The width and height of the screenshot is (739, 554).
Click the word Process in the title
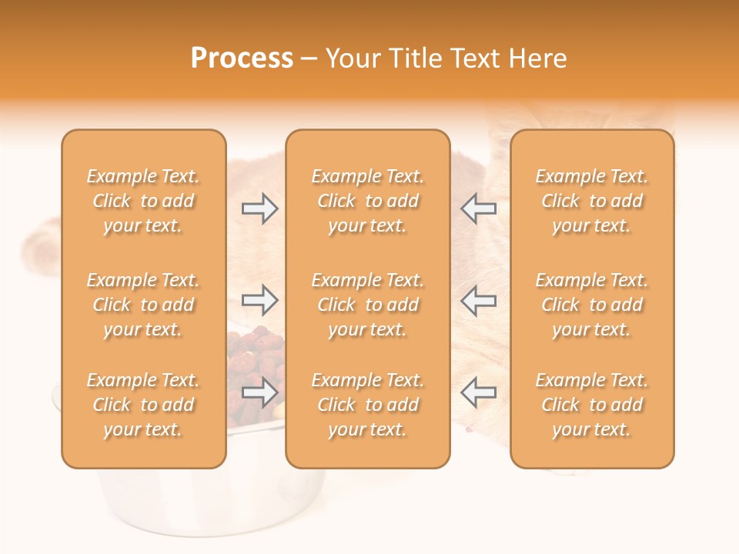(242, 58)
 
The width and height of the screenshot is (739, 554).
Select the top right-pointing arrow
(259, 208)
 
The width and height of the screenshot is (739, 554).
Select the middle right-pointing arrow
(259, 299)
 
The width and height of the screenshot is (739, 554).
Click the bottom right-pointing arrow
(259, 392)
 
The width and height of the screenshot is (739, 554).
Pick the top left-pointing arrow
(478, 208)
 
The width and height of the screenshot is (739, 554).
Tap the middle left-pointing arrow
(478, 299)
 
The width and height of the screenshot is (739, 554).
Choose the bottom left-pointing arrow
(478, 392)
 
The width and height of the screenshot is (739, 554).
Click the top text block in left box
(143, 201)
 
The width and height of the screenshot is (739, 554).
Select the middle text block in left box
(143, 305)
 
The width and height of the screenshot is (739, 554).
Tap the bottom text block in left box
(143, 405)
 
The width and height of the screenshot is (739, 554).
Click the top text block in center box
(367, 201)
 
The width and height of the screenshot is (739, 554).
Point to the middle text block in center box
(367, 305)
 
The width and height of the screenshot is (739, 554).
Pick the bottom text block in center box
(367, 405)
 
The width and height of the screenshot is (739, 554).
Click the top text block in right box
(591, 201)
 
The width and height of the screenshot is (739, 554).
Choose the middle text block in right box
(591, 305)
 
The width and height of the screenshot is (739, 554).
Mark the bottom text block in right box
(591, 405)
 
